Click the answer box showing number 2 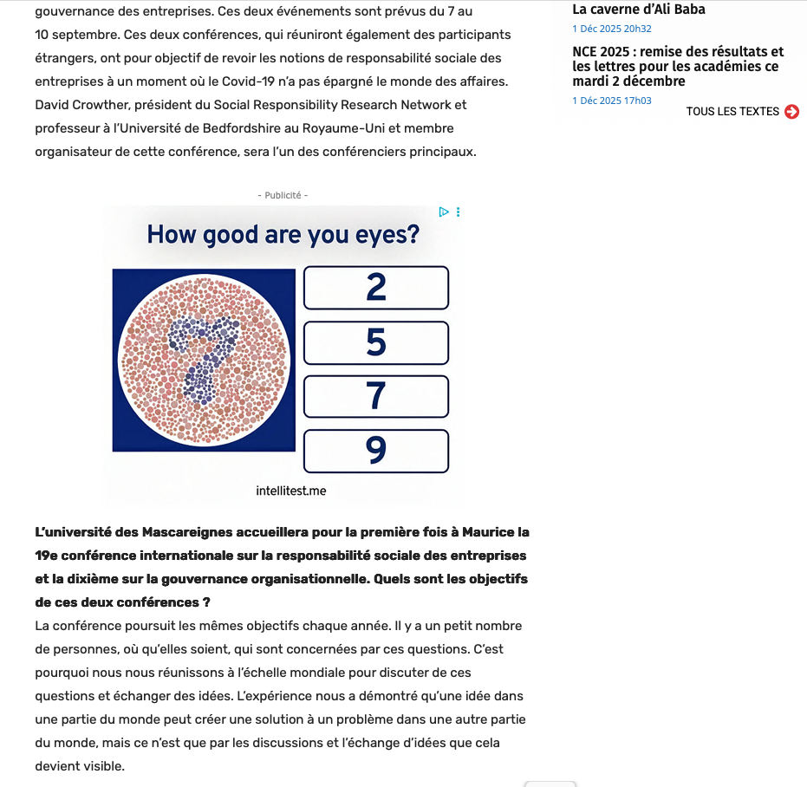pyautogui.click(x=376, y=288)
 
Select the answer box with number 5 pyautogui.click(x=376, y=343)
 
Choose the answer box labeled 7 pyautogui.click(x=376, y=396)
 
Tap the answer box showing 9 pyautogui.click(x=376, y=451)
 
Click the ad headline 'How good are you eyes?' pyautogui.click(x=283, y=235)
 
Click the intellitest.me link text pyautogui.click(x=291, y=491)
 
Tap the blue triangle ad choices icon pyautogui.click(x=443, y=211)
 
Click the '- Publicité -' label pyautogui.click(x=283, y=196)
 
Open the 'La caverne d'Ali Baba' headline pyautogui.click(x=639, y=10)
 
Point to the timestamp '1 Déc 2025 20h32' pyautogui.click(x=612, y=29)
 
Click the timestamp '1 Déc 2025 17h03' pyautogui.click(x=612, y=101)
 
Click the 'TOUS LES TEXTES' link pyautogui.click(x=732, y=112)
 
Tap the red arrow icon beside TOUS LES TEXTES pyautogui.click(x=791, y=112)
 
